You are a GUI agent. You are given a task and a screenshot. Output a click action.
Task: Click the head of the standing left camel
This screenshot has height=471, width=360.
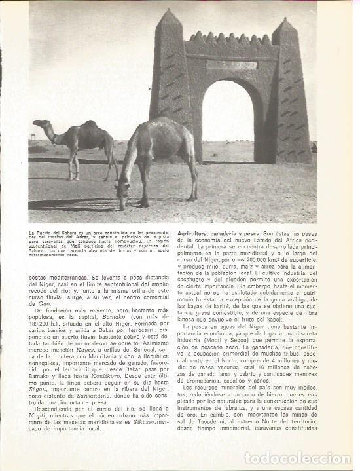click(40, 122)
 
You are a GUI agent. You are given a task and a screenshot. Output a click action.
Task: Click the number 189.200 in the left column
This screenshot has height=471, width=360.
click(43, 332)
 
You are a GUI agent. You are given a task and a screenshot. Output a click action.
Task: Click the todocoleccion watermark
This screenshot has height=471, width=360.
click(298, 458)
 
